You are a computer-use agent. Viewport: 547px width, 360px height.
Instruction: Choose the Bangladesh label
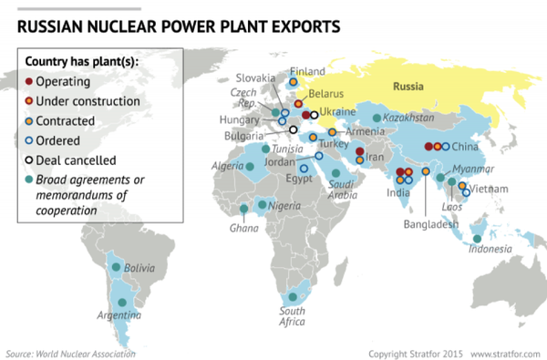click(x=434, y=224)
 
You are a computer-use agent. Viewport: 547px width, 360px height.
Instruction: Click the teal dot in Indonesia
click(x=478, y=239)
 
